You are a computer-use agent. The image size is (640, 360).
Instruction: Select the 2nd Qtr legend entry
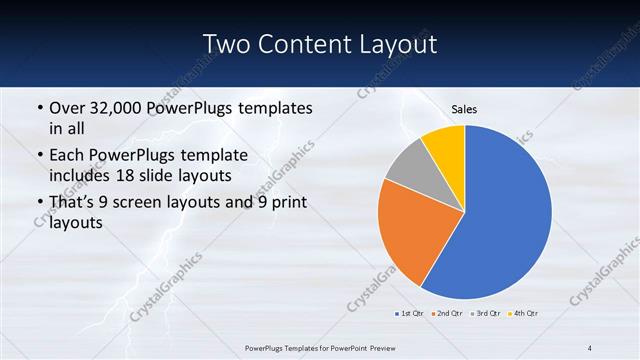click(446, 314)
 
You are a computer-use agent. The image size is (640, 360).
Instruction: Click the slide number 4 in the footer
click(590, 348)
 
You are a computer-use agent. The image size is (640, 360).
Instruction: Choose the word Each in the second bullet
click(67, 155)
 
